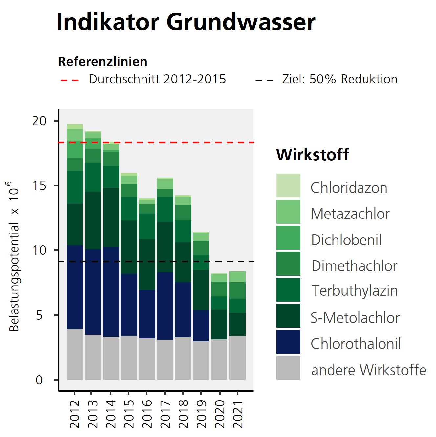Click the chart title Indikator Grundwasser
(x=186, y=22)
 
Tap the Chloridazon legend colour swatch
(x=288, y=186)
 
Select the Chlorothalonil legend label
(x=356, y=344)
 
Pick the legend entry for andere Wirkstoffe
(x=368, y=370)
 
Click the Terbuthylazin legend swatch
(x=288, y=290)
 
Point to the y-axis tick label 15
(x=39, y=186)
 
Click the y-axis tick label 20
(x=39, y=121)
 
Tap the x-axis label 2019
(x=201, y=414)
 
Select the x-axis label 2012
(x=75, y=414)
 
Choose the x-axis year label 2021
(x=237, y=414)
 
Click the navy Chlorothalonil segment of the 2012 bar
(x=75, y=287)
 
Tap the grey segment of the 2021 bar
(x=237, y=358)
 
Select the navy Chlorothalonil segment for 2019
(x=201, y=326)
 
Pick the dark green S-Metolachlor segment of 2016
(x=147, y=264)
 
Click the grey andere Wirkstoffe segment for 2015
(x=129, y=358)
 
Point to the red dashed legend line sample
(x=70, y=80)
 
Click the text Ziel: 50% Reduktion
(x=340, y=79)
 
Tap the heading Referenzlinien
(x=102, y=62)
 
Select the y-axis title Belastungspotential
(x=14, y=256)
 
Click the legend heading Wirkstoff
(x=313, y=154)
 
